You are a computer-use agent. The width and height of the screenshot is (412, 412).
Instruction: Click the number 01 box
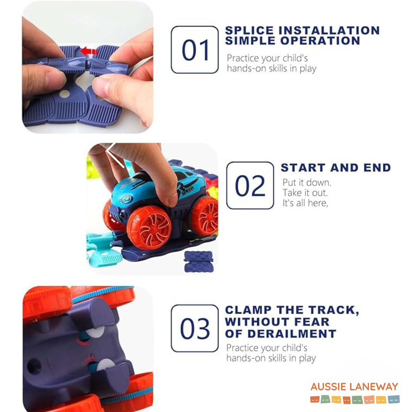coord(195,50)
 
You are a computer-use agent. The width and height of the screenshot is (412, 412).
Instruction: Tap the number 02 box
coord(250,185)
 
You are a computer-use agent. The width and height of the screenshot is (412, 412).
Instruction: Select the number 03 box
coord(195,328)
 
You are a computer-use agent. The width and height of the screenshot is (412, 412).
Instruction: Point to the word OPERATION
coord(320,41)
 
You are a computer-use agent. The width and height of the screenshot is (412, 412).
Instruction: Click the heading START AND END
coord(336,167)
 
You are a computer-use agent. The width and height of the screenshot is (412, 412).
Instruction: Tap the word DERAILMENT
coord(292,334)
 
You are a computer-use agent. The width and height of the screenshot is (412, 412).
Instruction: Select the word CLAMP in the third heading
coord(248,310)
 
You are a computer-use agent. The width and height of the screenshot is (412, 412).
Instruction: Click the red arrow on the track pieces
coord(89,51)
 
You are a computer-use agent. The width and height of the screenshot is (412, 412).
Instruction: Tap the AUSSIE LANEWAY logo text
coord(354,386)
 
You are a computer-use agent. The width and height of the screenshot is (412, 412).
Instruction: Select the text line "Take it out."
coord(305,193)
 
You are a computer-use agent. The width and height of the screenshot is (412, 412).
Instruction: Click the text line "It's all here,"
coord(305,203)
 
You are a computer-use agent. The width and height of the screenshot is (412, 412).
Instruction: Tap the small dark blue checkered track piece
coord(199,261)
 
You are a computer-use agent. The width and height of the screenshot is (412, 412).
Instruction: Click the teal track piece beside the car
coord(104,249)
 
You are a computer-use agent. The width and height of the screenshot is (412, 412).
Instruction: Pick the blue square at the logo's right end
coord(394,399)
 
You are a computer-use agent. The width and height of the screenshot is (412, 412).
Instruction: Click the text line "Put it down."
coord(307,182)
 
